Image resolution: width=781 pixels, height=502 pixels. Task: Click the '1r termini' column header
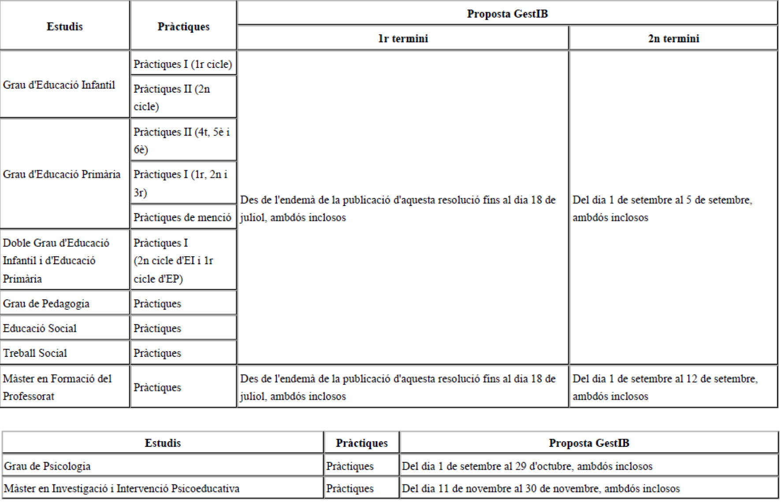point(403,38)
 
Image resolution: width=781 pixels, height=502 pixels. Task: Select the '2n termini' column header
point(673,38)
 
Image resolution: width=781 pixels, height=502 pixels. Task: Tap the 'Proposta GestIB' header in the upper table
point(507,14)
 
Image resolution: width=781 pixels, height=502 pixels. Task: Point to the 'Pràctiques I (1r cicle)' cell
point(183,64)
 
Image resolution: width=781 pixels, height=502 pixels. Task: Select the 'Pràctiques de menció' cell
point(182,217)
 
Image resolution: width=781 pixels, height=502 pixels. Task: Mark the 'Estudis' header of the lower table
point(163,443)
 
